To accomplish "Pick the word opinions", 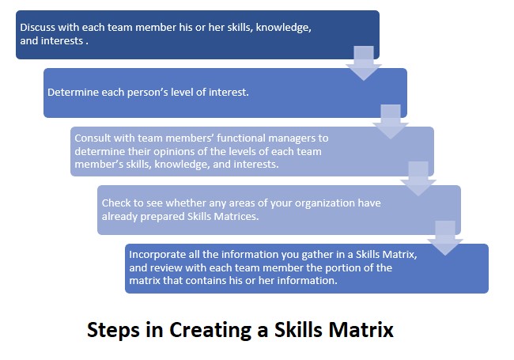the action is point(176,152).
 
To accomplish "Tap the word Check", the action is point(113,203).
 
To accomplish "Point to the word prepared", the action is point(162,217).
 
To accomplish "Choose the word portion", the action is point(343,268).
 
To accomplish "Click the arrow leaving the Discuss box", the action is point(364,63).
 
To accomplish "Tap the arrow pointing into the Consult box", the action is point(391,122).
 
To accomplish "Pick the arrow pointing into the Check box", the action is point(418,179).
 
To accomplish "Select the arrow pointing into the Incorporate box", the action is point(445,238).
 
